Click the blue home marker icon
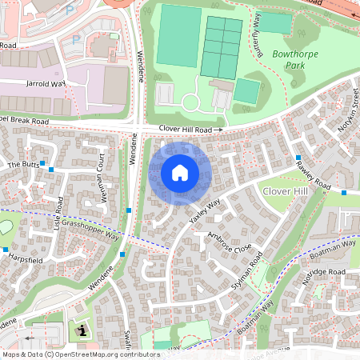180,172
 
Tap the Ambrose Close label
230,243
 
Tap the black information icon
80,330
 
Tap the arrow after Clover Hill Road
218,129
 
